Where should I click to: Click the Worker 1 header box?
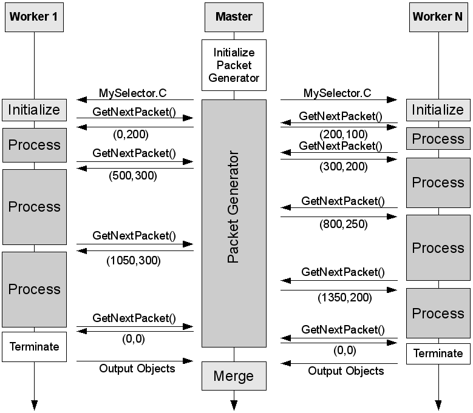tap(34, 17)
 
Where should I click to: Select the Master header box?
tap(234, 17)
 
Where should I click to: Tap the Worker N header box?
tap(437, 17)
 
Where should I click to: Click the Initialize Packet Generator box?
tap(234, 65)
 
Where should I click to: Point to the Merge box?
tap(234, 376)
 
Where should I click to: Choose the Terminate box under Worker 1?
tap(34, 347)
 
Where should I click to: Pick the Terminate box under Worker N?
tap(438, 353)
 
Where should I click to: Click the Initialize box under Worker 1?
tap(34, 110)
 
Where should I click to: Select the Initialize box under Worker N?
tap(438, 110)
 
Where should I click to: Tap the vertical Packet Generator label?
tap(234, 207)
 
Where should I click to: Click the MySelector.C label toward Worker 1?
tap(132, 93)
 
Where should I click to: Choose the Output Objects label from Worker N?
tap(346, 371)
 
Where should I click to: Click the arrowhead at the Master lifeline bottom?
tap(234, 405)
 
